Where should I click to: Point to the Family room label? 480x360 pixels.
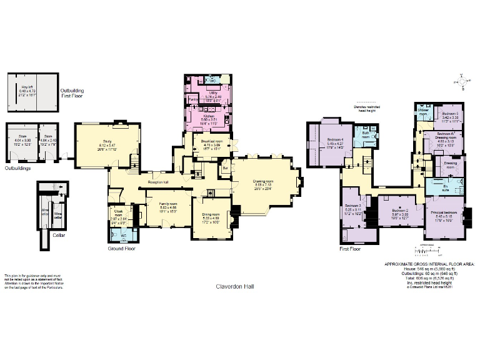[167, 204]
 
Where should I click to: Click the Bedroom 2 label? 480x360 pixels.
[400, 211]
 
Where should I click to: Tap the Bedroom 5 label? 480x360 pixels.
[450, 113]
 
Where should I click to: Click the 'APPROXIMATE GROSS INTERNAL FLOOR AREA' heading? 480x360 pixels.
[429, 265]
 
